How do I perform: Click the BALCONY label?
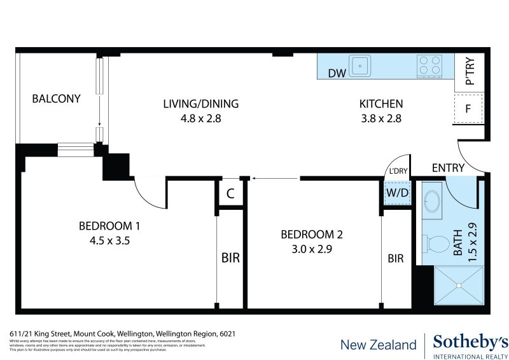(57, 99)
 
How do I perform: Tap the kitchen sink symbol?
(362, 65)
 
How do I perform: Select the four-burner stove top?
(429, 66)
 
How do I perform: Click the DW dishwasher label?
(337, 73)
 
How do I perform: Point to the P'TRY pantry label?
(470, 71)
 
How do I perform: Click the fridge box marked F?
(468, 109)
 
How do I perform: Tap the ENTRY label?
(448, 168)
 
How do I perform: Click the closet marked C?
(230, 194)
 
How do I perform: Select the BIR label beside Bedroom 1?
(230, 258)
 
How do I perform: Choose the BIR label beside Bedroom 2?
(396, 258)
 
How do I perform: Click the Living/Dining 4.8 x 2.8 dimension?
(200, 118)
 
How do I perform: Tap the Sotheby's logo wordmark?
(470, 342)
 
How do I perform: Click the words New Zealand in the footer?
(378, 345)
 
